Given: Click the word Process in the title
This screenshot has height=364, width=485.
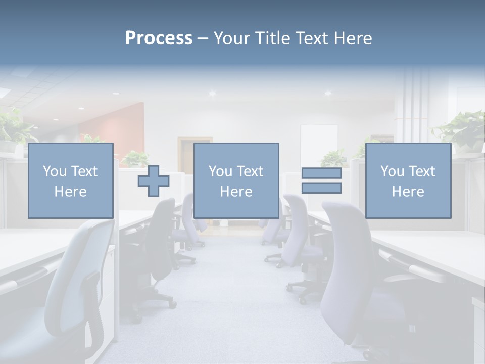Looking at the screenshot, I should pos(159,38).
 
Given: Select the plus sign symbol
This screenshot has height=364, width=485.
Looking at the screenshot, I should pos(154,181).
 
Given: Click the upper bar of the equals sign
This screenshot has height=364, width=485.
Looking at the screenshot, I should pos(321,173).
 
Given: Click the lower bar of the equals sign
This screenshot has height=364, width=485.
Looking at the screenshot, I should pos(321,188).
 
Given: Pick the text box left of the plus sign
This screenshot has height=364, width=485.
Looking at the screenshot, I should pos(70,180).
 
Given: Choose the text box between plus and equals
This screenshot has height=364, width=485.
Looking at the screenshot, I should pos(236,180).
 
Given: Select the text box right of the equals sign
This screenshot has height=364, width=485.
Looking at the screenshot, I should pos(408,180).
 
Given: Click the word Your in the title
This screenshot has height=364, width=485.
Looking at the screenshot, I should pos(230,38).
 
